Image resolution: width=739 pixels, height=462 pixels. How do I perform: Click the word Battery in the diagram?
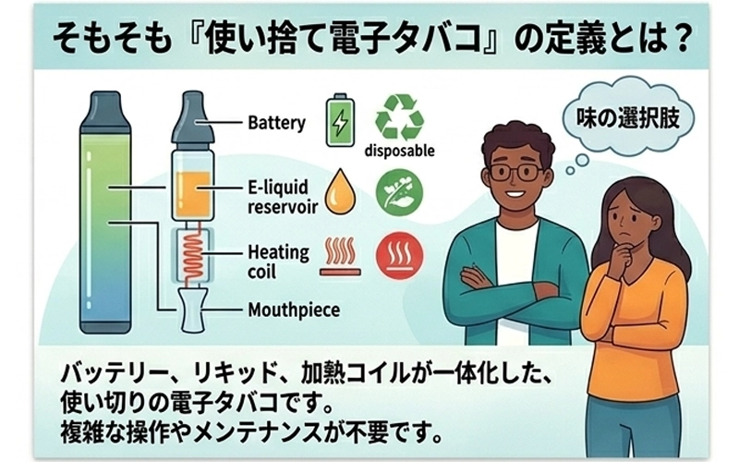pyautogui.click(x=276, y=123)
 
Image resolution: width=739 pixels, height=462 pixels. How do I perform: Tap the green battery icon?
pyautogui.click(x=340, y=120)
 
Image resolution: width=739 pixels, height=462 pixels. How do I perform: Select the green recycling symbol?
pyautogui.click(x=399, y=117)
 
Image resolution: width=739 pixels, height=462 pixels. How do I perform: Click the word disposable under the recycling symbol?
pyautogui.click(x=400, y=151)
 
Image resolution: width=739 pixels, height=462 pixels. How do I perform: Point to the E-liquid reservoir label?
pyautogui.click(x=283, y=197)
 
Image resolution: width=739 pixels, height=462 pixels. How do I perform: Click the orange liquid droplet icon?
pyautogui.click(x=340, y=192)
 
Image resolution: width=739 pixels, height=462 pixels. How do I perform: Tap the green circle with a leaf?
pyautogui.click(x=399, y=192)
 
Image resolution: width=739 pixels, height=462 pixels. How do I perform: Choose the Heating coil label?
pyautogui.click(x=279, y=261)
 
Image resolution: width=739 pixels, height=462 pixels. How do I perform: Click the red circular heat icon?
pyautogui.click(x=399, y=255)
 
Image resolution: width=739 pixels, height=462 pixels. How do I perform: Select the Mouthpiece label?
pyautogui.click(x=294, y=310)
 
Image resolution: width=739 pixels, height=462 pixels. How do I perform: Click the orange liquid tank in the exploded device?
pyautogui.click(x=193, y=193)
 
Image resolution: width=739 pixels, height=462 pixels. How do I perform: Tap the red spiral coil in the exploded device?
pyautogui.click(x=193, y=252)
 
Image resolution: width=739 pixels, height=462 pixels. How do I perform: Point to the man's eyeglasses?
pyautogui.click(x=515, y=172)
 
